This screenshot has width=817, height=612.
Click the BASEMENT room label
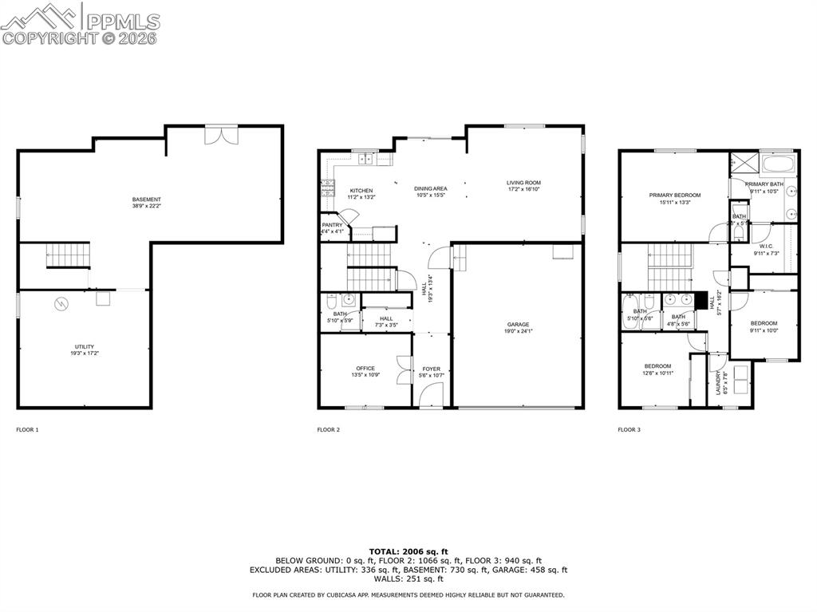(147, 199)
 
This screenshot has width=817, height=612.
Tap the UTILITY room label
(85, 347)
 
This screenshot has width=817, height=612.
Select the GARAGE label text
(518, 325)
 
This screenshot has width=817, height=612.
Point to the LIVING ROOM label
(523, 183)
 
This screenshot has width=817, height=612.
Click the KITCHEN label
(361, 191)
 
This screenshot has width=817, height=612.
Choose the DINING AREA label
(430, 189)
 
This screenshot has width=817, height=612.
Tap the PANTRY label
(333, 225)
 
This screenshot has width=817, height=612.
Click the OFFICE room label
(365, 369)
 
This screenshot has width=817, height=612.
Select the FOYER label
(431, 369)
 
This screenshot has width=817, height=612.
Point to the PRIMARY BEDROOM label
(674, 195)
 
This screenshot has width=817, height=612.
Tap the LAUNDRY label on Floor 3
(718, 383)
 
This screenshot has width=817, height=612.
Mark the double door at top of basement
(220, 135)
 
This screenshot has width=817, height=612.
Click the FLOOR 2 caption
(329, 429)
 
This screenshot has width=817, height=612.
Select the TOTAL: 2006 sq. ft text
(408, 551)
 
